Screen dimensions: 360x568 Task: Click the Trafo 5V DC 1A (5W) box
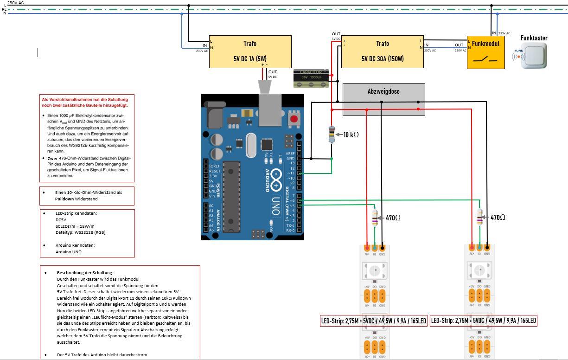250,51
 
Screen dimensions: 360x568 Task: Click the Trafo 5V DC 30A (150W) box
382,51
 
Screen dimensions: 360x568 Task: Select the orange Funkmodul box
486,52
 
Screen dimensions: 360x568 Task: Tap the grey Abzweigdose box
383,99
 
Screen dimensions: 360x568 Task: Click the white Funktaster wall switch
533,56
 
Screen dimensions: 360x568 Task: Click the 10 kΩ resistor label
351,135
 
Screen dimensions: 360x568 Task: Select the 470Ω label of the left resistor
394,217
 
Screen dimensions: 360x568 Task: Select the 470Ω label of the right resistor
498,217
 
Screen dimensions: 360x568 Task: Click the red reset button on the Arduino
293,119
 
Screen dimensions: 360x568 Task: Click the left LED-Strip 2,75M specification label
373,321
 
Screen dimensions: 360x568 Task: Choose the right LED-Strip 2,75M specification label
484,321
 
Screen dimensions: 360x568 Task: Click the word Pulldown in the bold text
64,199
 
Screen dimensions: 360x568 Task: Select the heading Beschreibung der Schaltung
85,273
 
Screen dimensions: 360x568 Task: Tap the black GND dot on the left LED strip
382,247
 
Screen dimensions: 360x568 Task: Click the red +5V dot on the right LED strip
472,247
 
